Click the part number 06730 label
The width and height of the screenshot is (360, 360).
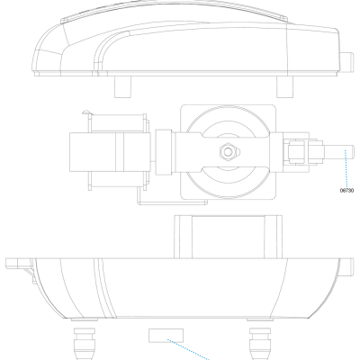347,190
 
